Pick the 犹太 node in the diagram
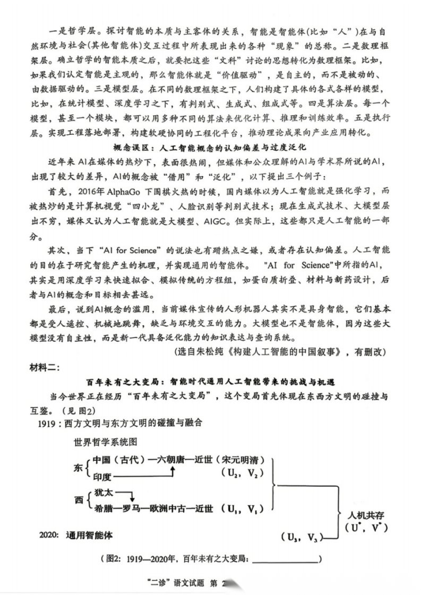coord(102,494)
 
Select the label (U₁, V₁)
coord(239,508)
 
